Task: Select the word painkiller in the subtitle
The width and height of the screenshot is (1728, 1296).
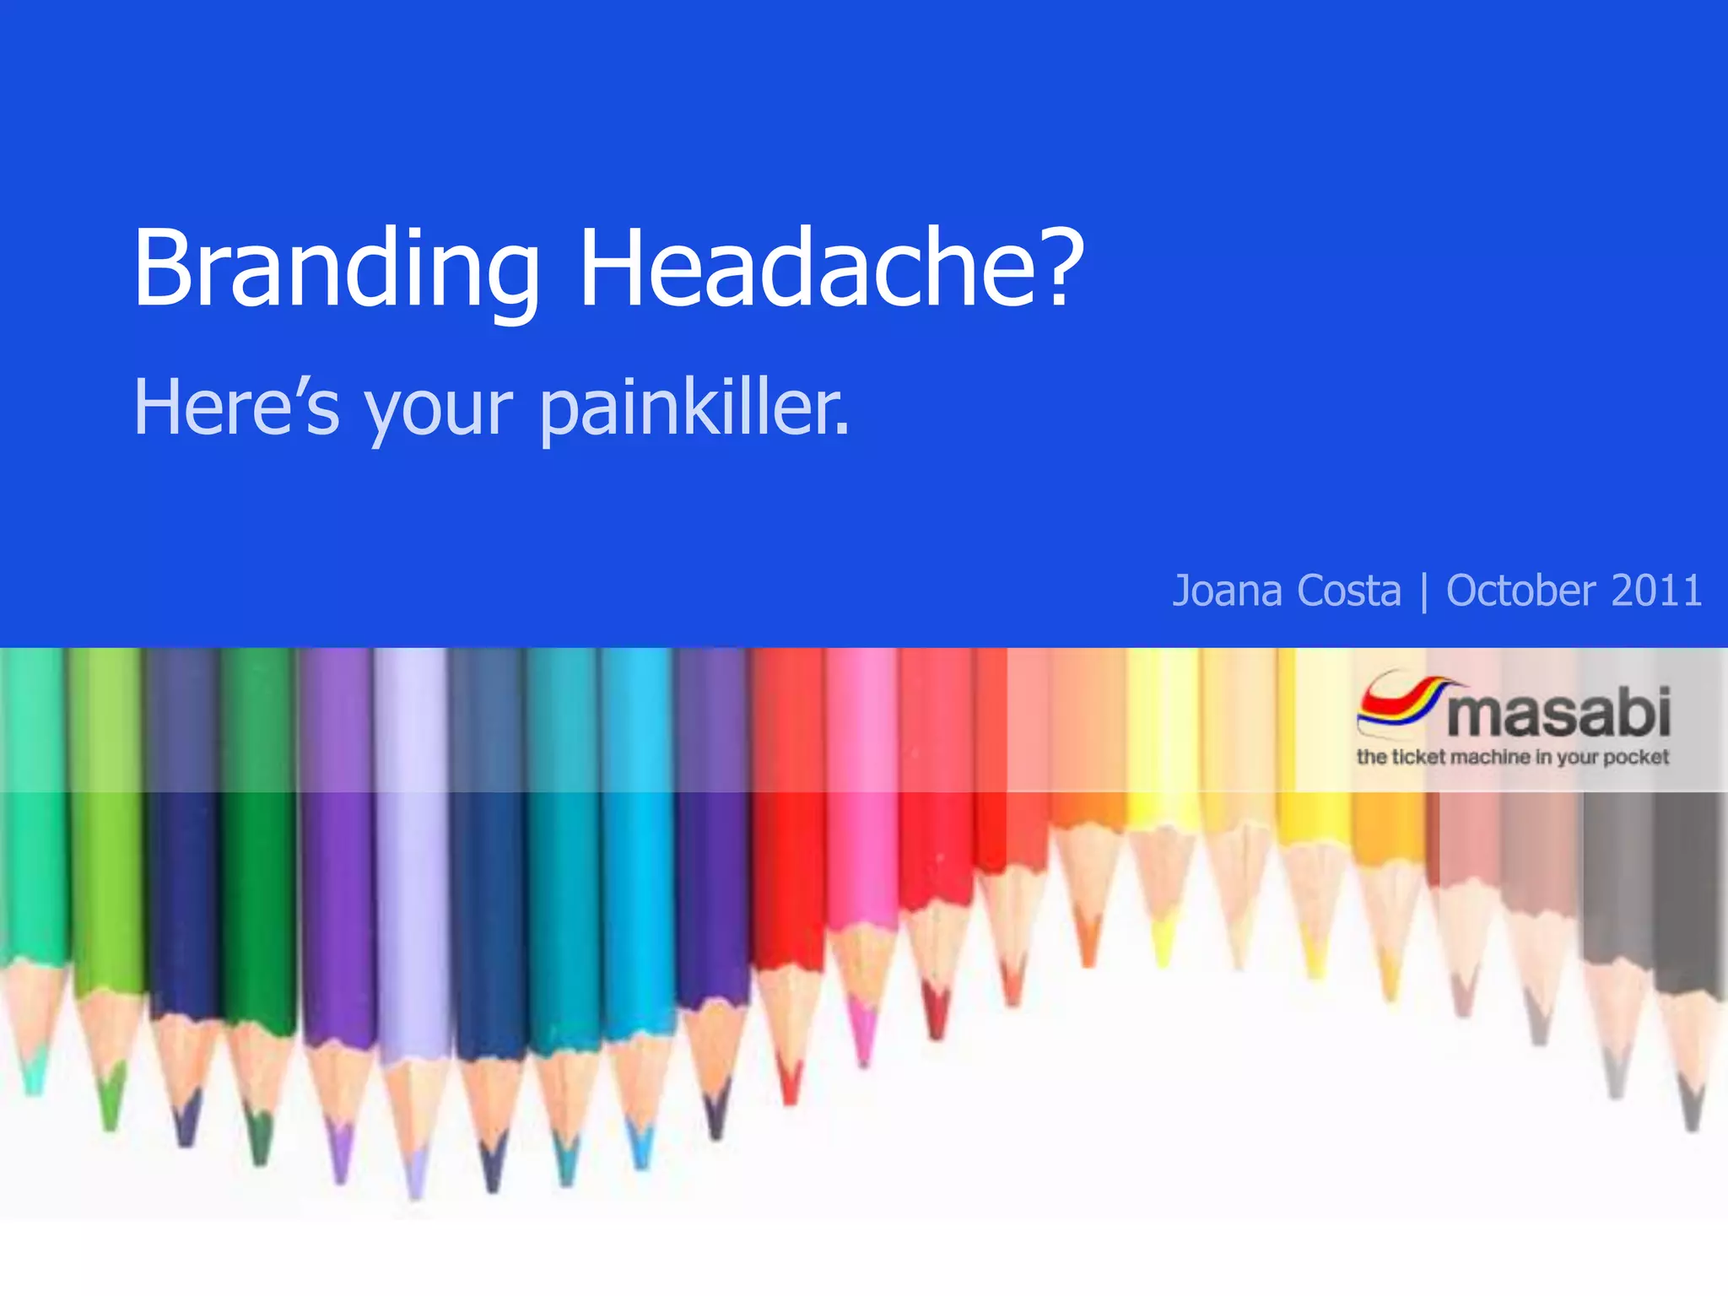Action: coord(694,409)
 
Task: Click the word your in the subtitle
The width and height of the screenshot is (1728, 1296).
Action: coord(439,413)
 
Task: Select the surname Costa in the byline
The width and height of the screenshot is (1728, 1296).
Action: coord(1349,591)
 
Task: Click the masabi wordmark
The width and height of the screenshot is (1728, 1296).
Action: coord(1558,714)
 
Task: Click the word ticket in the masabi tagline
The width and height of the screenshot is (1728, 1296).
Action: coord(1418,757)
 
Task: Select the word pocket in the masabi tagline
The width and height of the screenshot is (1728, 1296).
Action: coord(1636,757)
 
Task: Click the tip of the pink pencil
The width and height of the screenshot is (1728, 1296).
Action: coord(863,1059)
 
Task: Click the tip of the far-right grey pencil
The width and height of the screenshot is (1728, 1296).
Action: coord(1692,1122)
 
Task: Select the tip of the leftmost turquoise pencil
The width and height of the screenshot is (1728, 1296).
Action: coord(34,1088)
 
